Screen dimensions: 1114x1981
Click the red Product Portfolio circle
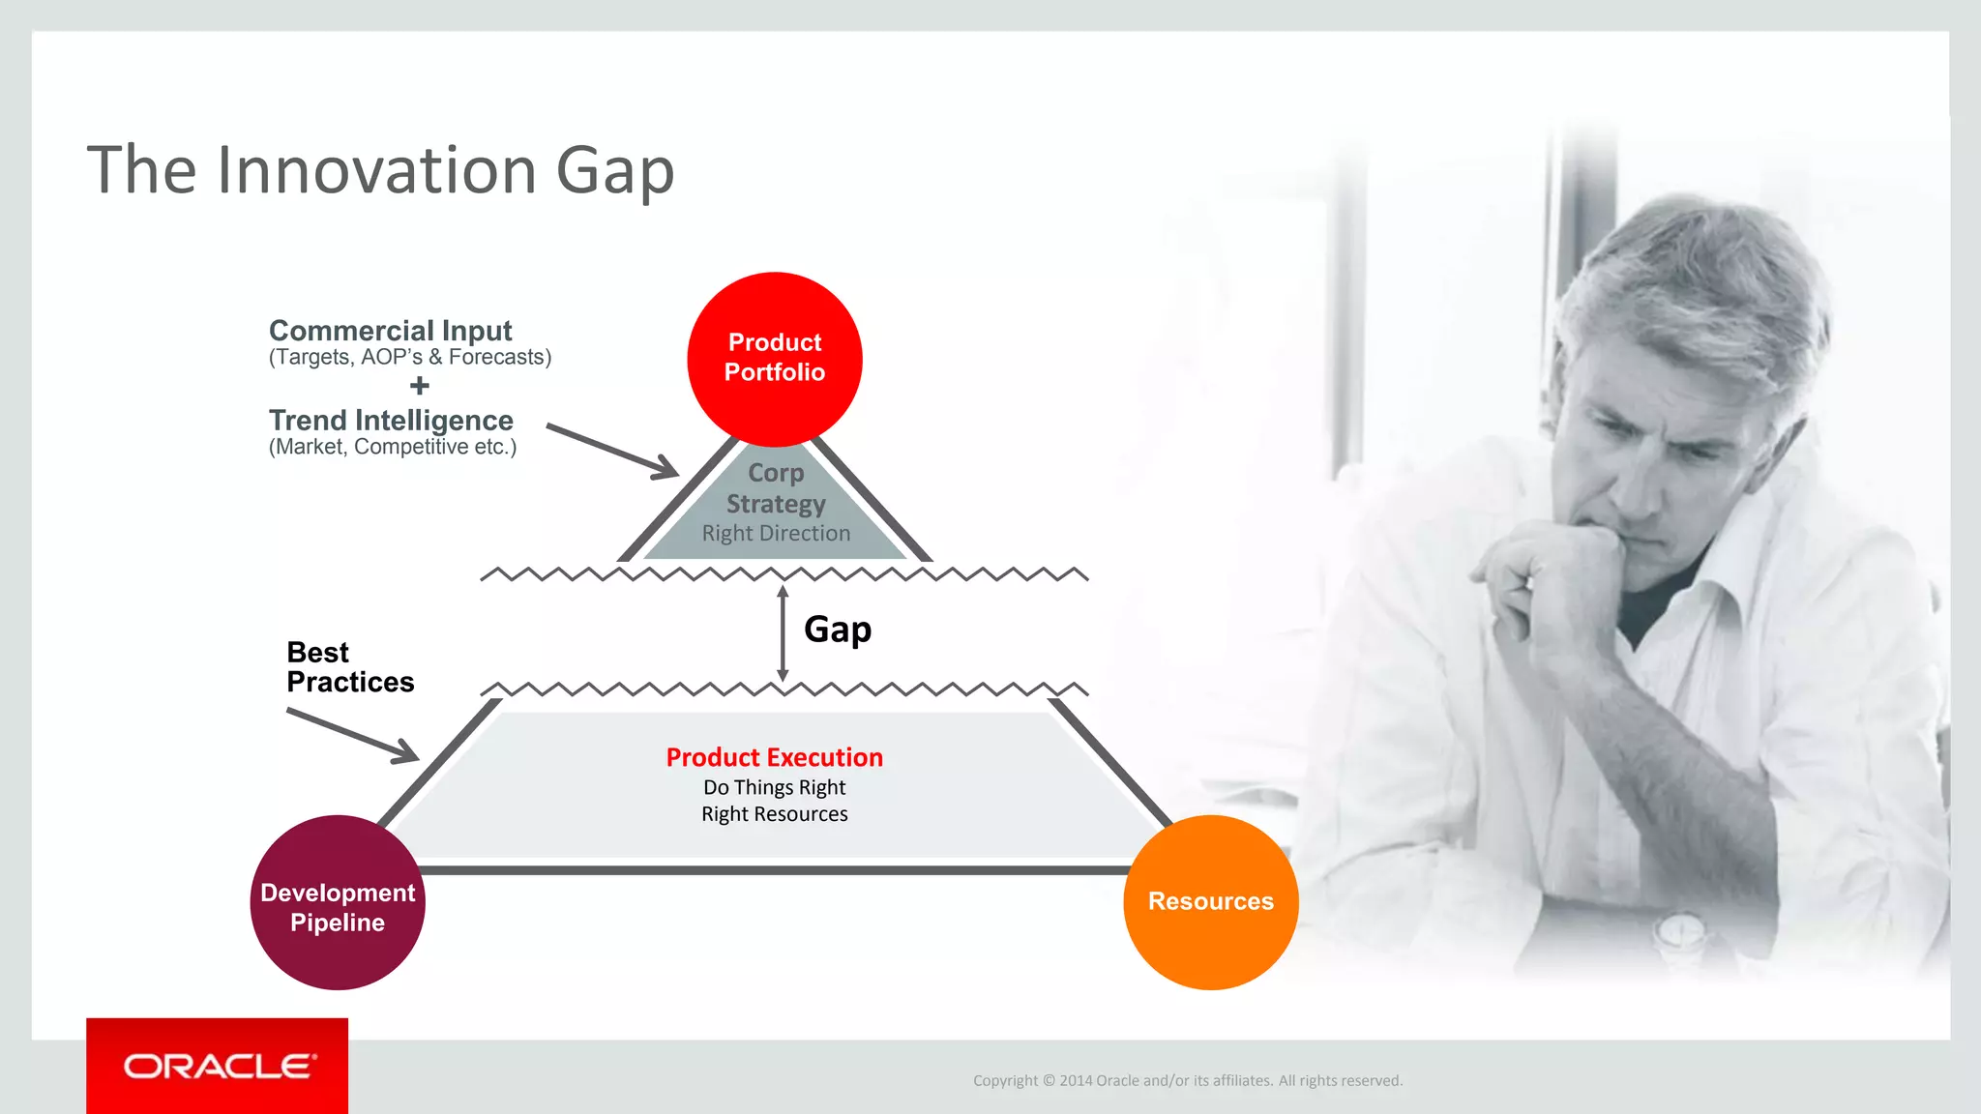tap(774, 358)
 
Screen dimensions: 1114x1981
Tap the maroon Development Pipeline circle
tap(338, 902)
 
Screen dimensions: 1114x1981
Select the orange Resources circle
tap(1210, 901)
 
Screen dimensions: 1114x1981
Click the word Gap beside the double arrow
tap(838, 630)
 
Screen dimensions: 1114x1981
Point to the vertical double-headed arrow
tap(783, 633)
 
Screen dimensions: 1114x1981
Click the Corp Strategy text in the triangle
tap(776, 488)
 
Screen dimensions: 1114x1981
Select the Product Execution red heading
tap(774, 757)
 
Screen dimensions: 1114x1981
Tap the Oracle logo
tap(219, 1066)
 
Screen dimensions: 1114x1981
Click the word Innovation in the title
tap(376, 170)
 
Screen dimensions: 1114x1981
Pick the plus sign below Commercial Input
tap(419, 386)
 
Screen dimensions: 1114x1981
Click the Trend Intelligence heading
tap(391, 421)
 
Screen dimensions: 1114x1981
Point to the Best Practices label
tap(349, 667)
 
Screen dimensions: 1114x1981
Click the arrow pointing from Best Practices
tap(354, 736)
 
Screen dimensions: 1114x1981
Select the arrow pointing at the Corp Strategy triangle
tap(613, 451)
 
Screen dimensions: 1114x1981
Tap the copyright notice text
tap(1187, 1080)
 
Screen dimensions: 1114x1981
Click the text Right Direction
tap(776, 534)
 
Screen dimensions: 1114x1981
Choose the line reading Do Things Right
tap(774, 787)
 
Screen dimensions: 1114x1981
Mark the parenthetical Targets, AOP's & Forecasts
tap(410, 358)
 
